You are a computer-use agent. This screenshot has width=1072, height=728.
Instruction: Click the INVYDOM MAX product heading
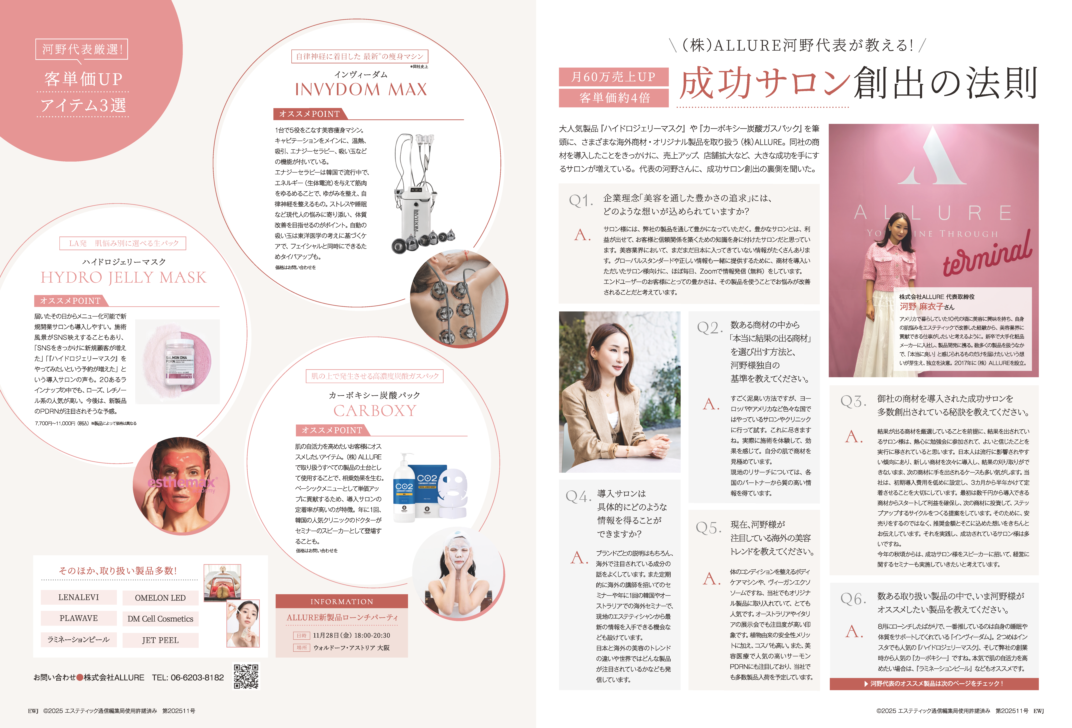point(361,89)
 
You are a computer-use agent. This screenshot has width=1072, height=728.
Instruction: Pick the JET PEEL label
point(161,640)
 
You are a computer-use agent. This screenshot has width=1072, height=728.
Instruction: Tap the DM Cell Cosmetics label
point(161,619)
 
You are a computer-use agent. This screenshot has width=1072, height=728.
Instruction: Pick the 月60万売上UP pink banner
point(613,77)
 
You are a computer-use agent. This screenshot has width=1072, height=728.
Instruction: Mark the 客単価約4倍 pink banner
point(613,98)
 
